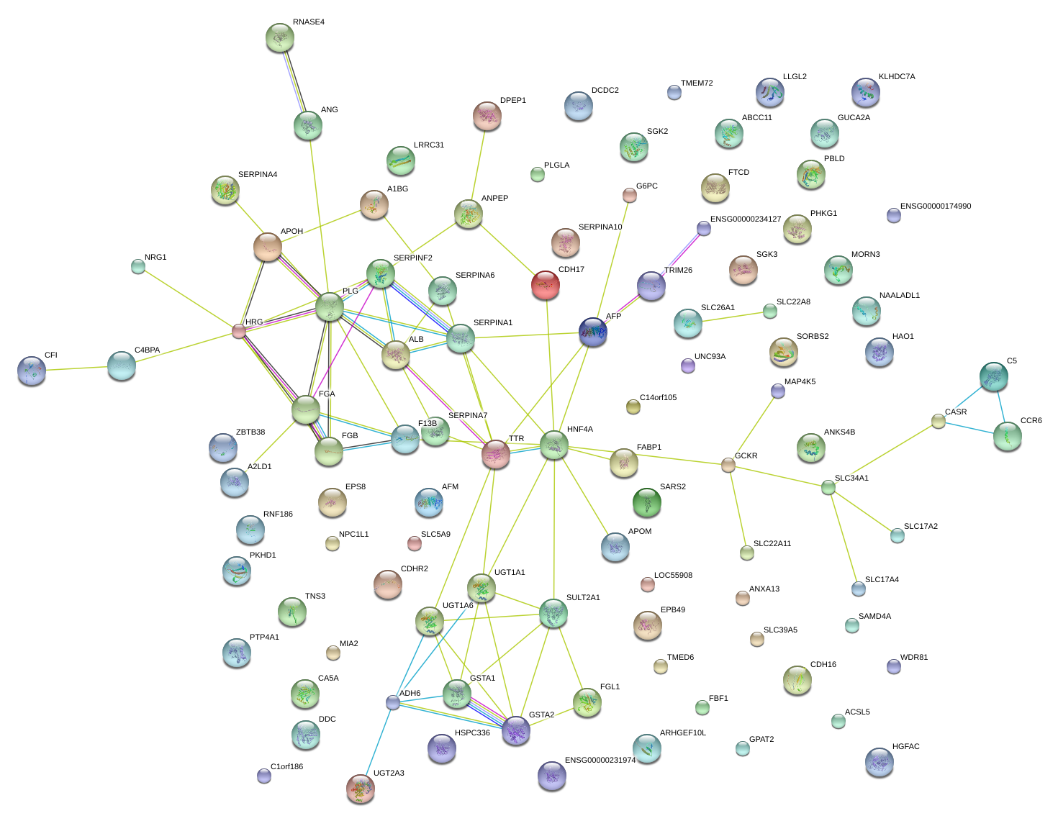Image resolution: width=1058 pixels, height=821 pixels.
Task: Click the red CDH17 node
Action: pos(545,285)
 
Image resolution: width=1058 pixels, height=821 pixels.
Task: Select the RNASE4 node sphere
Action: pos(279,37)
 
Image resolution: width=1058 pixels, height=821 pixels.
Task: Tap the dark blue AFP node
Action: pos(593,332)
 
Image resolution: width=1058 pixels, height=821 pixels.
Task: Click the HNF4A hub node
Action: pos(553,445)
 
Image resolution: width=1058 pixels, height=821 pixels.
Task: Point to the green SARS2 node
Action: pos(646,502)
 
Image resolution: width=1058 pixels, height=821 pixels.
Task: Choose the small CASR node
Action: pos(938,421)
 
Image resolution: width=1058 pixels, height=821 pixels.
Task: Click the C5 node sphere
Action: pos(993,376)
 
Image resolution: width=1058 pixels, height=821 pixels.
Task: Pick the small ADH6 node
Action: pos(393,702)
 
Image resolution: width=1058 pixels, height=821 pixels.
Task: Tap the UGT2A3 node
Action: pos(360,789)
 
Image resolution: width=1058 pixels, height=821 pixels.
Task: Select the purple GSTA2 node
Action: pos(516,730)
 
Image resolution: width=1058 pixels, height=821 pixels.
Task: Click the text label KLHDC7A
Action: pos(896,76)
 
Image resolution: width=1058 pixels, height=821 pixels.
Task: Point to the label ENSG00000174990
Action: pos(935,207)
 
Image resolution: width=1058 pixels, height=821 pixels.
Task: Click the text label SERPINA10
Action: pos(600,227)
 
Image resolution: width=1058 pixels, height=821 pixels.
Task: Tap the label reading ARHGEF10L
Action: pos(682,733)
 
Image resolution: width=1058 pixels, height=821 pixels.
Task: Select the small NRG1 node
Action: pos(138,267)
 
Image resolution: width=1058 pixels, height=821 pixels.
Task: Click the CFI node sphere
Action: pos(32,371)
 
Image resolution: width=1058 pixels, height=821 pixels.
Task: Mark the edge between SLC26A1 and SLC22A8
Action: pos(729,317)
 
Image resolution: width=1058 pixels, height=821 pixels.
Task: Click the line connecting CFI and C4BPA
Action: pos(76,368)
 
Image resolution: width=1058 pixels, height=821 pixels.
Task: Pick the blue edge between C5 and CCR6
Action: pos(1000,406)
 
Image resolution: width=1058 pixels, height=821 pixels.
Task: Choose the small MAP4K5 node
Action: pos(778,391)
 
